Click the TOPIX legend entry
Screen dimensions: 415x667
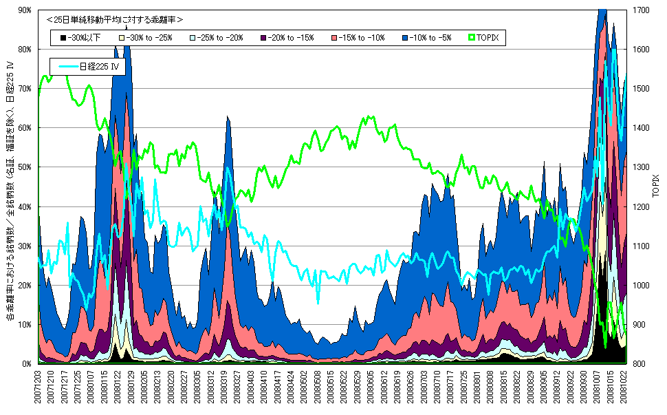click(485, 37)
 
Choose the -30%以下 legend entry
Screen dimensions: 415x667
click(80, 37)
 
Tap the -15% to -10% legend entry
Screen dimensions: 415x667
click(358, 37)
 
